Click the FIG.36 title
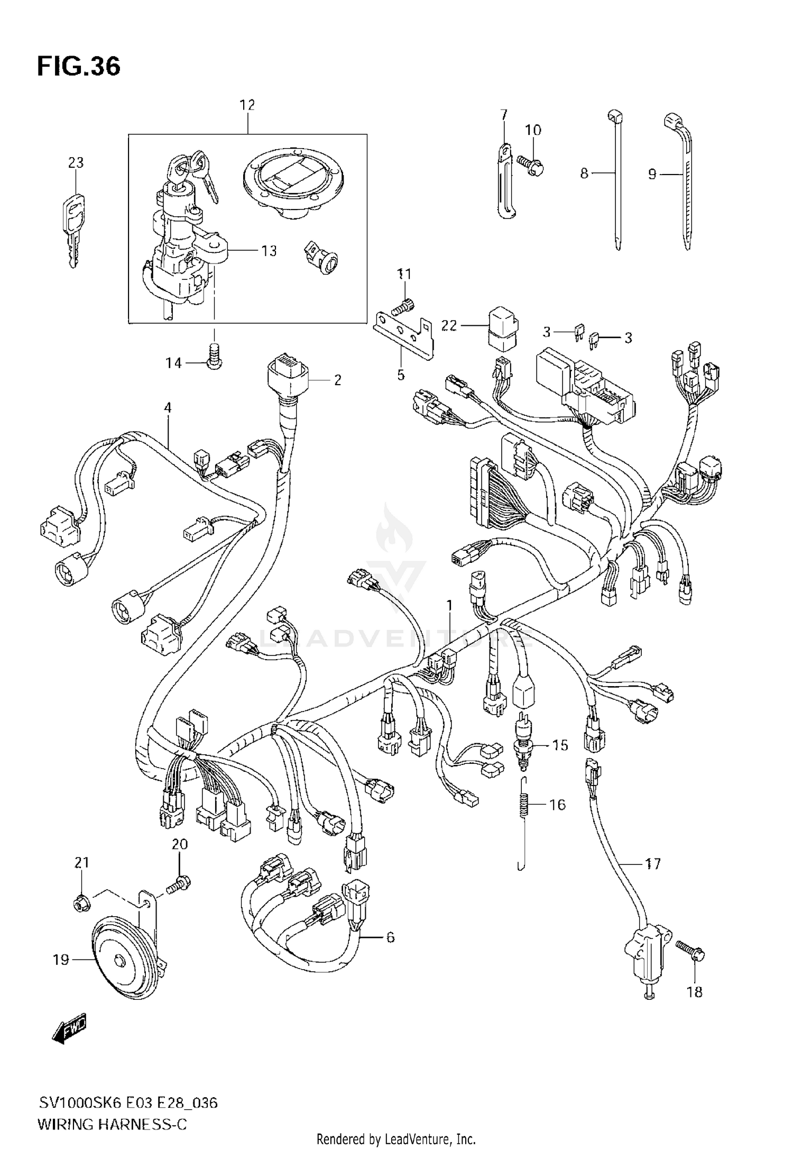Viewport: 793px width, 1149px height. (x=79, y=67)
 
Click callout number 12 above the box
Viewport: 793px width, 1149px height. (x=247, y=105)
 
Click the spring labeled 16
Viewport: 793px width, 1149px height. (x=524, y=806)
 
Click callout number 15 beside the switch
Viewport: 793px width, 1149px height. (x=559, y=745)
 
